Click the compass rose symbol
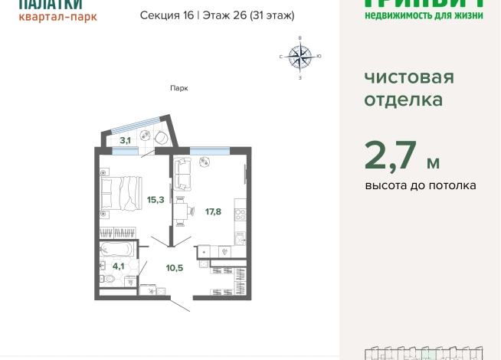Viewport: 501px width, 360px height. [x=300, y=56]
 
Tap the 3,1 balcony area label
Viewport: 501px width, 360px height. [x=125, y=140]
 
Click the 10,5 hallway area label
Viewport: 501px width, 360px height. [x=175, y=267]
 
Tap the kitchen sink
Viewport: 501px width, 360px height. [x=240, y=240]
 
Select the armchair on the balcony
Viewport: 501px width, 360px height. [x=162, y=138]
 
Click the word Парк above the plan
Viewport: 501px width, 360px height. [x=179, y=88]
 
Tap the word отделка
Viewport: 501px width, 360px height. [x=403, y=100]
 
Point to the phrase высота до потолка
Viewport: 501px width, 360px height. [x=420, y=185]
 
